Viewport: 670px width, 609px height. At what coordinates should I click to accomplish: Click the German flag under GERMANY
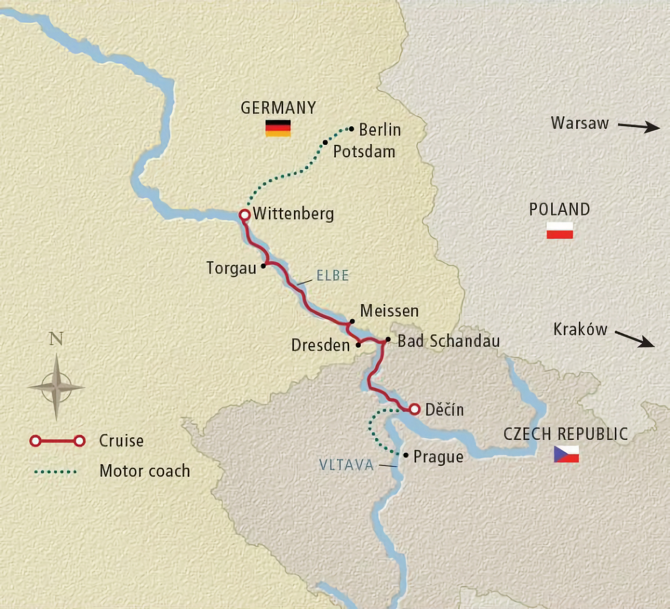(278, 128)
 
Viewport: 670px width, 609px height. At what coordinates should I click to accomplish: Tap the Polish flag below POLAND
(560, 230)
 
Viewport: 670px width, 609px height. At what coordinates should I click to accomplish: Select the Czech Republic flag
(566, 454)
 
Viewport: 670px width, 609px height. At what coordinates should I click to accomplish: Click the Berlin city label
(380, 130)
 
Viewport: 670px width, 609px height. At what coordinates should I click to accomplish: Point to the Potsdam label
(364, 152)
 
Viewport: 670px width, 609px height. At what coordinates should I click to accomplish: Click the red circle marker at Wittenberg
(245, 215)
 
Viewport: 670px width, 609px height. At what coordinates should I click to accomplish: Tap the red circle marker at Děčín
(414, 409)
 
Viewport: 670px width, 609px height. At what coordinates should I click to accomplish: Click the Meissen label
(389, 311)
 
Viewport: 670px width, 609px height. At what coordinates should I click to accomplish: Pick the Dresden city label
(320, 345)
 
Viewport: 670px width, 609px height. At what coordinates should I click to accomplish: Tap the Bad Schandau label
(449, 341)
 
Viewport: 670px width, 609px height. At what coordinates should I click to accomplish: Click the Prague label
(438, 456)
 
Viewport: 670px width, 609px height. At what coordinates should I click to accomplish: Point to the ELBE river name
(332, 276)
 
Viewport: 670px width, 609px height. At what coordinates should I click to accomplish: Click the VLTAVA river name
(346, 465)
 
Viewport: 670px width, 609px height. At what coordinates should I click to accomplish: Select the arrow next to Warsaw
(638, 126)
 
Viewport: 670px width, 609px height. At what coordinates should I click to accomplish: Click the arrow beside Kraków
(634, 338)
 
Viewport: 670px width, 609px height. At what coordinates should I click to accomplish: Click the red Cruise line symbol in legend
(57, 441)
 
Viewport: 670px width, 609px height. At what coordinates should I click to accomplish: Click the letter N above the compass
(56, 339)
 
